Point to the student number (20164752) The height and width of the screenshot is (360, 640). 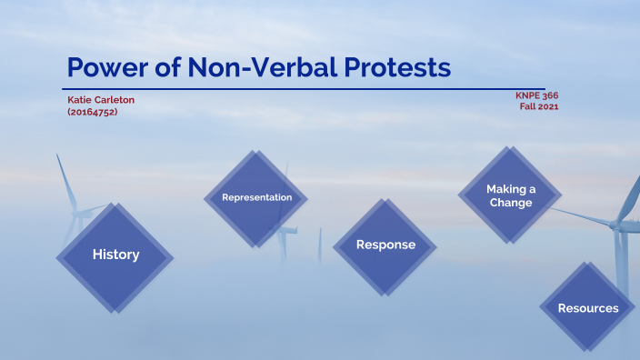tap(93, 111)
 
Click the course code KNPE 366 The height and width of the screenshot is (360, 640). tap(535, 95)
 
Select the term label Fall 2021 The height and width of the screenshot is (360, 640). tap(538, 106)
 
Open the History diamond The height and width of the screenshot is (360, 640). tap(115, 255)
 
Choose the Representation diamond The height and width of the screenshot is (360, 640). tap(257, 197)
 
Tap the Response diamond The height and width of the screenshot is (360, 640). tap(385, 245)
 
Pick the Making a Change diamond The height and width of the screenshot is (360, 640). tap(510, 195)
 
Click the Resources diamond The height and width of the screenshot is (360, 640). tap(588, 308)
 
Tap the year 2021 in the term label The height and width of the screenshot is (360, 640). tap(547, 106)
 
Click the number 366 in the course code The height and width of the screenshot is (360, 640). tap(551, 95)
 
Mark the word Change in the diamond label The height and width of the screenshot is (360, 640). tap(510, 203)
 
